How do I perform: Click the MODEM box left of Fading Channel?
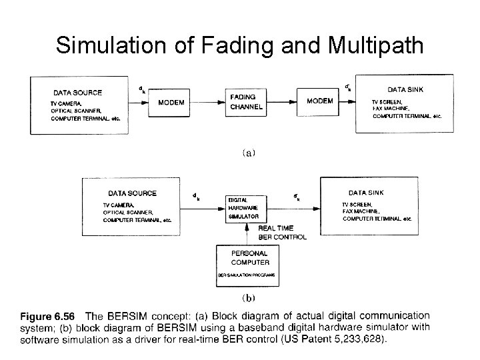pyautogui.click(x=171, y=102)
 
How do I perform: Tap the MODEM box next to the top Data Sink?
pyautogui.click(x=320, y=101)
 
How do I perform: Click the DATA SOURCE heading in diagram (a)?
pyautogui.click(x=78, y=93)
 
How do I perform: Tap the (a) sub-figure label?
pyautogui.click(x=247, y=153)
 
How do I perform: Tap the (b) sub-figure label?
pyautogui.click(x=248, y=297)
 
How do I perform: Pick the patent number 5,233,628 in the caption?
pyautogui.click(x=361, y=339)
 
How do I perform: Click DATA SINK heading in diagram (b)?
pyautogui.click(x=366, y=193)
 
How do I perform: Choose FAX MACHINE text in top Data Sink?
pyautogui.click(x=392, y=108)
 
